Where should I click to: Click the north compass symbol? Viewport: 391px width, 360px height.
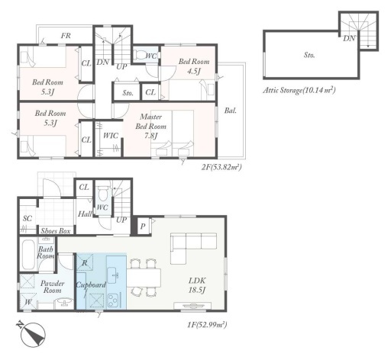[x=33, y=334]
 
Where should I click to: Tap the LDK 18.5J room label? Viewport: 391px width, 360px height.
[x=197, y=285]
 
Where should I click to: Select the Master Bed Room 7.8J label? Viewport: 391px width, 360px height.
[x=150, y=127]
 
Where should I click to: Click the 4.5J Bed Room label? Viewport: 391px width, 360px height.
[x=194, y=66]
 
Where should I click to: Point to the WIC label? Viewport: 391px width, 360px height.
[x=111, y=136]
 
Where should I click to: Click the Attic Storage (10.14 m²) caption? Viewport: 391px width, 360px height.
[x=299, y=90]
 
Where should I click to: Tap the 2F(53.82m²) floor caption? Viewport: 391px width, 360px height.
[x=221, y=167]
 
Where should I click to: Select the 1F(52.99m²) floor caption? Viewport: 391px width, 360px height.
[x=207, y=325]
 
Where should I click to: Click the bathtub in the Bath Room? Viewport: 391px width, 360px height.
[x=29, y=255]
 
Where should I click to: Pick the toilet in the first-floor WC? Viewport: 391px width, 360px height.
[x=103, y=194]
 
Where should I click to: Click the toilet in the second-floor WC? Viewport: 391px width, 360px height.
[x=139, y=55]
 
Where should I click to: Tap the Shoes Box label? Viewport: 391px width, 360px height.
[x=56, y=231]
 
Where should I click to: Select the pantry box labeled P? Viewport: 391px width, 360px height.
[x=143, y=226]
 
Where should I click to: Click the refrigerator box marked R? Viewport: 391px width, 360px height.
[x=85, y=262]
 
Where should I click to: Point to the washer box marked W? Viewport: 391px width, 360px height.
[x=28, y=301]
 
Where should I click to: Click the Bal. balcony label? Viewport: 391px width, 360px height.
[x=231, y=111]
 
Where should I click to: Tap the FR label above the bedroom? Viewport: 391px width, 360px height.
[x=66, y=36]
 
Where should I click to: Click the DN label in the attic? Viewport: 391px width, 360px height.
[x=349, y=38]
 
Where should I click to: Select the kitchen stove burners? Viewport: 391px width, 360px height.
[x=113, y=301]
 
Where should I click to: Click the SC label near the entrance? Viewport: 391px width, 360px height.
[x=27, y=218]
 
